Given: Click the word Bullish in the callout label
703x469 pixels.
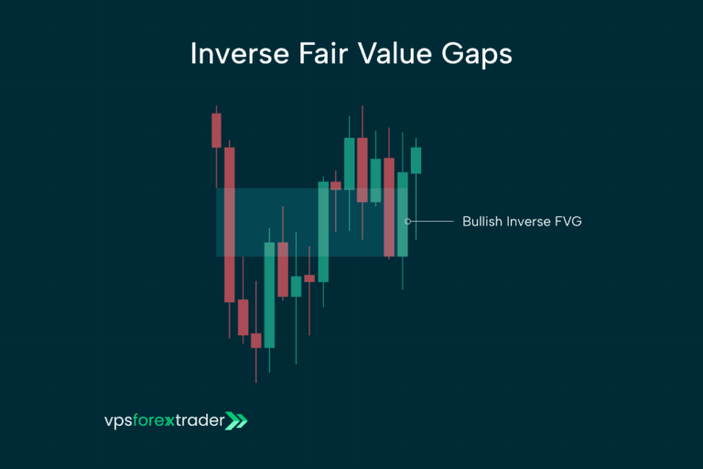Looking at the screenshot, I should (482, 222).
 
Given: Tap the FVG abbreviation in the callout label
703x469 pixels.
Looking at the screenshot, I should (568, 222).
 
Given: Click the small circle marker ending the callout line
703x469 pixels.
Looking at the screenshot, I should (408, 221).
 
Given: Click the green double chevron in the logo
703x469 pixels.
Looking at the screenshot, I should (236, 421).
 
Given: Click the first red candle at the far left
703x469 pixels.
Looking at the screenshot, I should (216, 130).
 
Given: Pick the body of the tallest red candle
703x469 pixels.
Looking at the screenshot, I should (230, 224).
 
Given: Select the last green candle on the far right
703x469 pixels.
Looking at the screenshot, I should (416, 160).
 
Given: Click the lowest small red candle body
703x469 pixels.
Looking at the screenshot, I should (256, 341).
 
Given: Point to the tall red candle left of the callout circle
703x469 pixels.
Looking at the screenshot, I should (389, 207).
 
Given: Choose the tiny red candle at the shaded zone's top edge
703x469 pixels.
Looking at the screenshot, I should (336, 186).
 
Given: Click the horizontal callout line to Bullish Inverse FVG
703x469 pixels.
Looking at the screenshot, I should (432, 221).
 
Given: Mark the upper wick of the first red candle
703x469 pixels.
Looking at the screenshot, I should (216, 108).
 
